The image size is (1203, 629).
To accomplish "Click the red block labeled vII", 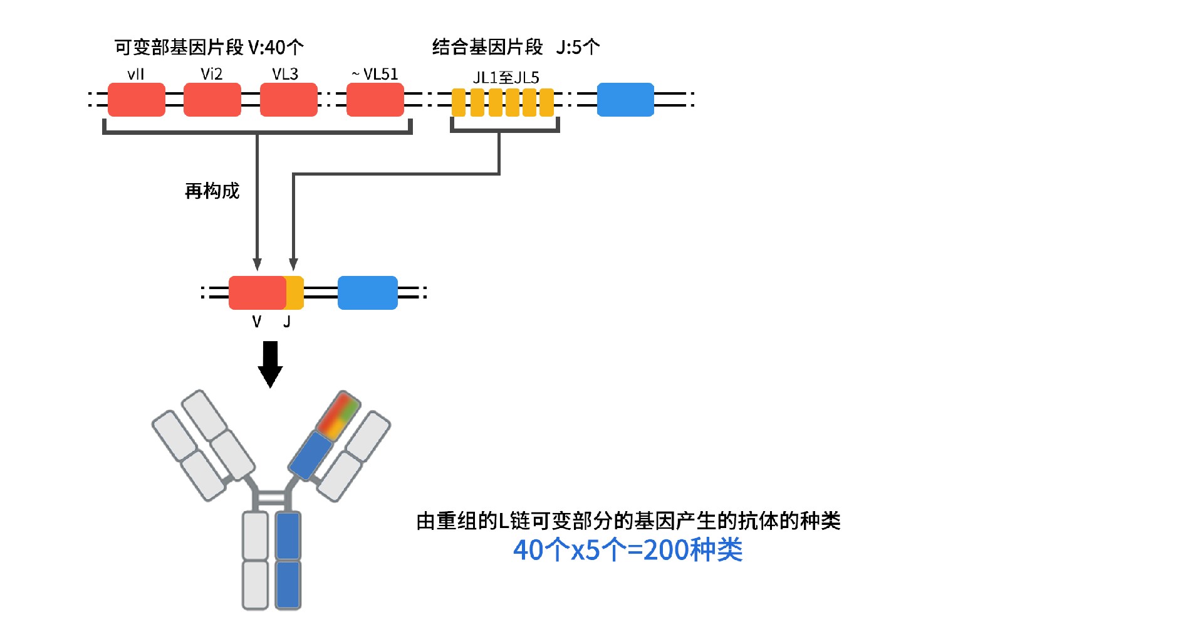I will pos(136,100).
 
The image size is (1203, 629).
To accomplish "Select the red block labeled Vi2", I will pos(212,100).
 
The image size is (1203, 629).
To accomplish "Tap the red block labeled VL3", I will pos(288,100).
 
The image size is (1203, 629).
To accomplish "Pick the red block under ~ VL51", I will pos(375,100).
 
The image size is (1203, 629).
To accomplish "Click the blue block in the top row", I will pos(625,100).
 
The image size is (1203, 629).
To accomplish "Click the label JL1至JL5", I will pos(506,78).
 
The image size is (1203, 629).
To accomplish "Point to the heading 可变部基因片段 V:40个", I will pos(209,47).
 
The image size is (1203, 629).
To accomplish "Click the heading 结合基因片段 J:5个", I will pos(516,47).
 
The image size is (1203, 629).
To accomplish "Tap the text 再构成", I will pos(212,191).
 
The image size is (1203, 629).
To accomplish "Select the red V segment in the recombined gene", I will pos(257,293).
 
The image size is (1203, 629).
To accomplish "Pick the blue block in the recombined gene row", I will pos(367,293).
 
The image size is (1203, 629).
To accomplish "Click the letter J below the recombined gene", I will pos(287,322).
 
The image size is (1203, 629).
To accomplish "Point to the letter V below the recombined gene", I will pos(256,322).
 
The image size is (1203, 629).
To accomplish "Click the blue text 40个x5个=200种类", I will pos(628,550).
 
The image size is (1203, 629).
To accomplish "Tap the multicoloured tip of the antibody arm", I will pos(338,415).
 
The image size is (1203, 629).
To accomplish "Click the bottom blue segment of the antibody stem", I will pos(288,584).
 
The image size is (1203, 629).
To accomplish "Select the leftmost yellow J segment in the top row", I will pos(459,103).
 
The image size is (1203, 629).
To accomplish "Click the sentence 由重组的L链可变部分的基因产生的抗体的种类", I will pos(628,521).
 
